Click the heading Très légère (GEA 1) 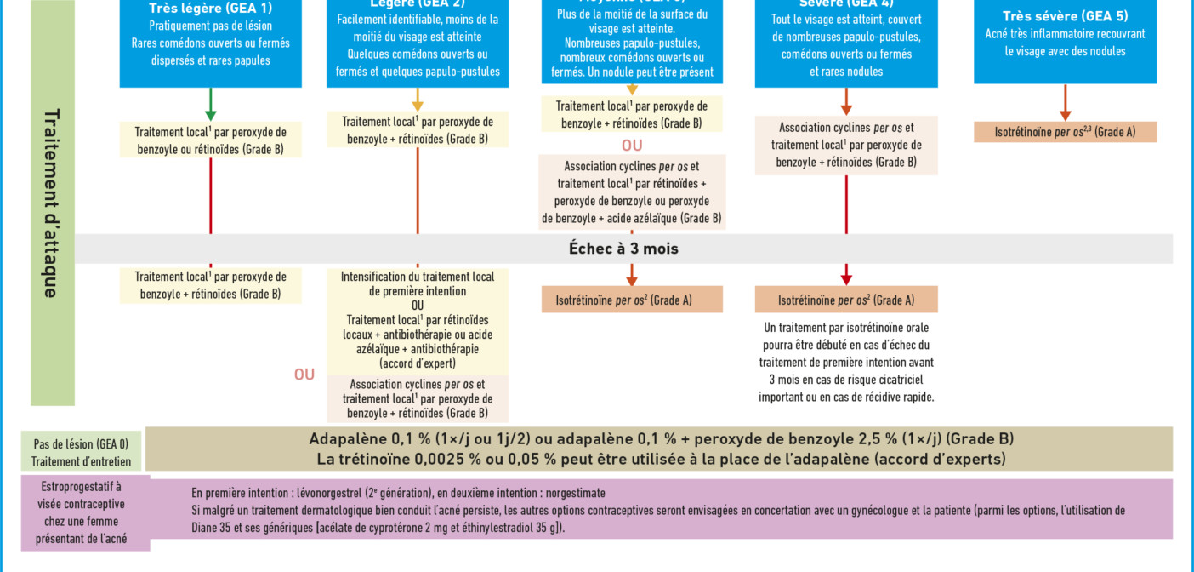tap(210, 9)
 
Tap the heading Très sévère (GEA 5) tap(1065, 16)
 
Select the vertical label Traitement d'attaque tap(51, 203)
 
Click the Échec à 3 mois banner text tap(623, 249)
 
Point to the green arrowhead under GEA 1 tap(211, 115)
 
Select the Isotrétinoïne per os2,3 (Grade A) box tap(1065, 132)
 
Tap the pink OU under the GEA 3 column tap(632, 146)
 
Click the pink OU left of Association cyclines tap(304, 375)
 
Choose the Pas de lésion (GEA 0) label tap(82, 443)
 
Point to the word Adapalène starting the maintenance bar tap(343, 439)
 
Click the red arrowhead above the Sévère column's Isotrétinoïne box tap(846, 278)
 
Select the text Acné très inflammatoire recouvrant tap(1065, 34)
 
